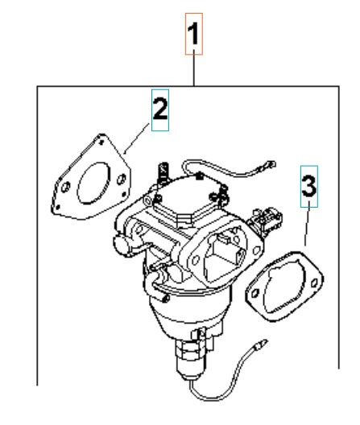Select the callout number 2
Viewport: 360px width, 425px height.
(x=160, y=113)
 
